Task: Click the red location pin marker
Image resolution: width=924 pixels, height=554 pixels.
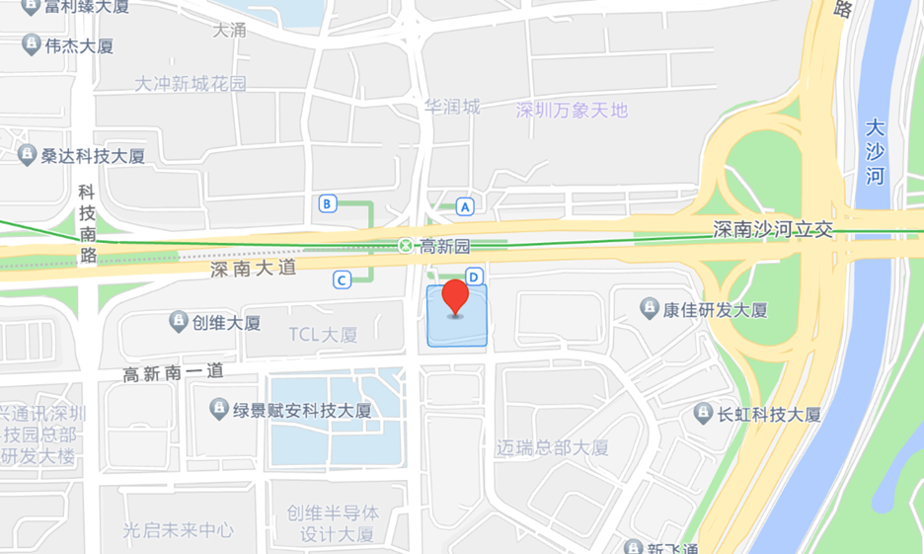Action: [455, 296]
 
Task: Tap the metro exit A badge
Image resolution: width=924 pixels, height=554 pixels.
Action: [465, 206]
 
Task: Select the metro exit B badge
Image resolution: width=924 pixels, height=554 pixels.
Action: [329, 204]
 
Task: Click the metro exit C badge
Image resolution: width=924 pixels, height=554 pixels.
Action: [343, 280]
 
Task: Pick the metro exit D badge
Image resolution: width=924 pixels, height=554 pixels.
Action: [474, 277]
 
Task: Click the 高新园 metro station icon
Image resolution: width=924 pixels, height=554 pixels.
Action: [405, 245]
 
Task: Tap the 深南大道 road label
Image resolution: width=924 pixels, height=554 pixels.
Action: [253, 268]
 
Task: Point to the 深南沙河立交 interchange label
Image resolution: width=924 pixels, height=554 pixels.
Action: [774, 229]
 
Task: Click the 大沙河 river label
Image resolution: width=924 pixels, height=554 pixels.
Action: [876, 152]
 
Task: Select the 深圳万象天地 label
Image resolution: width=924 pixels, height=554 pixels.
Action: [572, 110]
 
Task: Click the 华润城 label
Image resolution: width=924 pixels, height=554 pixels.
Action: [451, 106]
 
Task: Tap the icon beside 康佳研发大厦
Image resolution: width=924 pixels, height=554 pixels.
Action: [650, 308]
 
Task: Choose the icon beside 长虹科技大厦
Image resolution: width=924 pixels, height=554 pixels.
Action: [704, 413]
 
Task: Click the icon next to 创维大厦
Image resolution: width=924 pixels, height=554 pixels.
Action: [179, 321]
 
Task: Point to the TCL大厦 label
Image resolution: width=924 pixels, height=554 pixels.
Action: [323, 335]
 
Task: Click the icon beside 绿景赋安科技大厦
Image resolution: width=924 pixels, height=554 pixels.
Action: [219, 408]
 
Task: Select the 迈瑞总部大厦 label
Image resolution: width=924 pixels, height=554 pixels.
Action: [553, 447]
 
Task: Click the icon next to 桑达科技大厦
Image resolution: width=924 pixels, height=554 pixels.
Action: [27, 154]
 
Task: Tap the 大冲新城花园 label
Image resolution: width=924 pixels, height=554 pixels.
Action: [191, 84]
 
